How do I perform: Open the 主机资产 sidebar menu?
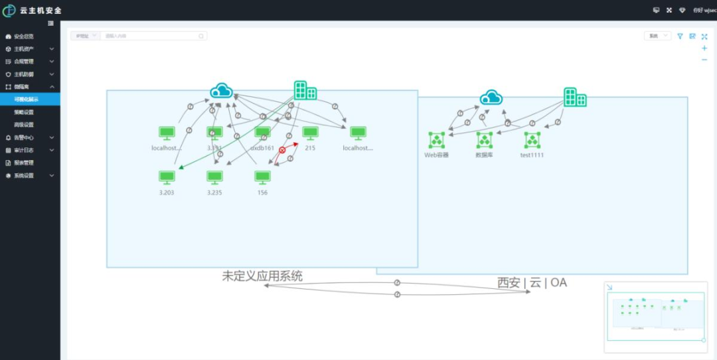tap(24, 49)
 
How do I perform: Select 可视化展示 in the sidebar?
tap(27, 100)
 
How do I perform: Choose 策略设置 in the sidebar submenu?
tap(24, 112)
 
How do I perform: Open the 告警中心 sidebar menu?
tap(24, 137)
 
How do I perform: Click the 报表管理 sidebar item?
tap(24, 163)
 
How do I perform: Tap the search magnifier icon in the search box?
tap(202, 36)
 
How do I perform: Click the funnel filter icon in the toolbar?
tap(680, 37)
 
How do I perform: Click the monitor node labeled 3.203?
tap(167, 177)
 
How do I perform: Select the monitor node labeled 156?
tap(262, 177)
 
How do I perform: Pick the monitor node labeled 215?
tap(310, 133)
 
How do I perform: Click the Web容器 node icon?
tap(436, 140)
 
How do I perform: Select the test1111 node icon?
tap(532, 140)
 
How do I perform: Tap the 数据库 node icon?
tap(484, 140)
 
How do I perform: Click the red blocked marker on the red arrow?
tap(282, 151)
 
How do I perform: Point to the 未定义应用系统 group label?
tap(262, 276)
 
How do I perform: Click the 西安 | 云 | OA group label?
tap(532, 282)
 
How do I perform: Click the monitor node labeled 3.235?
tap(214, 177)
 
